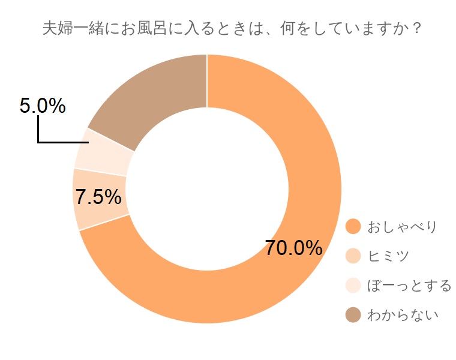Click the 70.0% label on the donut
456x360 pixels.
click(294, 248)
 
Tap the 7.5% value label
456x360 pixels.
click(98, 197)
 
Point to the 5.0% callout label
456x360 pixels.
click(43, 106)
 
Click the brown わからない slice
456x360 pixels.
click(156, 96)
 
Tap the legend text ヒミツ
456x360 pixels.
click(388, 256)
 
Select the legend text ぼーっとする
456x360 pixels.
click(409, 286)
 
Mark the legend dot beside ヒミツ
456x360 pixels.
click(353, 256)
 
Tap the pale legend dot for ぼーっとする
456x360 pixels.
click(353, 285)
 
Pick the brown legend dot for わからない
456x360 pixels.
click(353, 314)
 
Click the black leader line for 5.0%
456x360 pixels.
click(60, 142)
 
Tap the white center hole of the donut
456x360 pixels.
click(207, 189)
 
